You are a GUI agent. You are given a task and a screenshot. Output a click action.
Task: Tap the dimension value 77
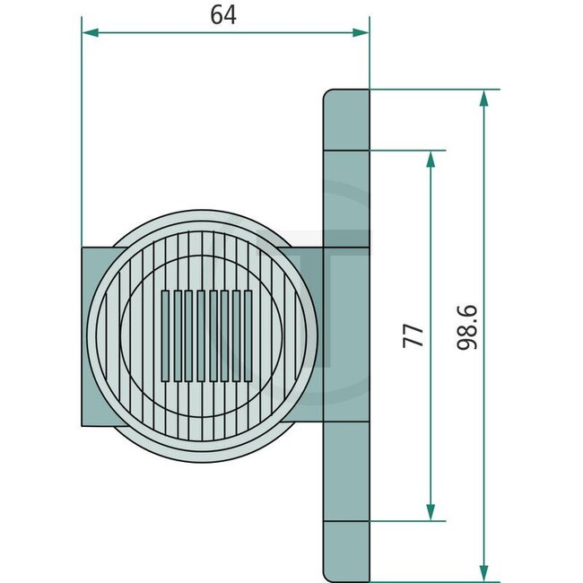(412, 336)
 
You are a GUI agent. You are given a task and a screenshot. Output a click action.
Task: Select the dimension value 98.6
(466, 327)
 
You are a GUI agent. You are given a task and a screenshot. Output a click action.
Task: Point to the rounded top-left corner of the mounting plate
(329, 94)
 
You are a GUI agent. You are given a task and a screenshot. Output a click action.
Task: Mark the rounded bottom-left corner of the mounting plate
(328, 573)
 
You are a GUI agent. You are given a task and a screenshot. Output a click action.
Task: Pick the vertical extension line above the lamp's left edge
(82, 135)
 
